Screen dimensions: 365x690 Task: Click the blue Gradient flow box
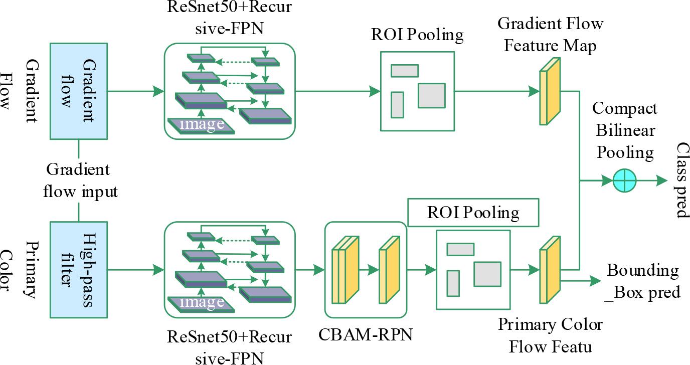pos(79,91)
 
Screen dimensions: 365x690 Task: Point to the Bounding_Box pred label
pos(643,281)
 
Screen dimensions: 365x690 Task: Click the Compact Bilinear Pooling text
pos(624,130)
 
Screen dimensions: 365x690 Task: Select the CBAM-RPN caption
pos(366,334)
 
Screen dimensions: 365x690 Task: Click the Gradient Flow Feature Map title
pos(550,34)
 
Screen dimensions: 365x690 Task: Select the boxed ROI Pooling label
pos(473,213)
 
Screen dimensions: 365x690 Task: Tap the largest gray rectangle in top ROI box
pos(432,95)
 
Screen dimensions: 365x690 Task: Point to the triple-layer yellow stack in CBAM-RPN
pos(346,269)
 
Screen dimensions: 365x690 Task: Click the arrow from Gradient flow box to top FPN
pos(135,91)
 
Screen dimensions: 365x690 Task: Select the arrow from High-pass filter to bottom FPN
pos(135,270)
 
